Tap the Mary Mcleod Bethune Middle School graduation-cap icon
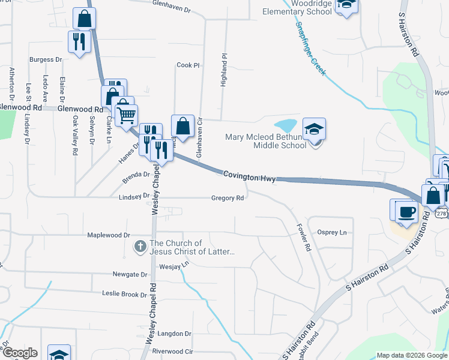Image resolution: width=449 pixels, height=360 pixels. coord(313,130)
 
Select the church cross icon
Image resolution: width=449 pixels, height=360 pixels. coord(140,246)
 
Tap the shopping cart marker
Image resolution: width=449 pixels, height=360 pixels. coord(126,114)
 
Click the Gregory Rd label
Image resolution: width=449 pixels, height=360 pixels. coord(228,199)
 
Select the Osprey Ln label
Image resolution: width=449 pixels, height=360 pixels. coord(332,232)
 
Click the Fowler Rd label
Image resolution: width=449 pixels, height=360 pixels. coord(304,238)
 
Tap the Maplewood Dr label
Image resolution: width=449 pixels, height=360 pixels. coord(109,235)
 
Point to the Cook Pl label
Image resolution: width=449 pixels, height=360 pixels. coord(187,65)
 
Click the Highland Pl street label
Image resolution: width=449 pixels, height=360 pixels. coord(224,70)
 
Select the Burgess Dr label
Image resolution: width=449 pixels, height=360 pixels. coord(46,60)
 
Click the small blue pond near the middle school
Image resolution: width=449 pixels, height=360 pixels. coord(286,125)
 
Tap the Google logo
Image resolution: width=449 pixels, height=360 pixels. coord(20,353)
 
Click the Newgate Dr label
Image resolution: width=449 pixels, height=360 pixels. coord(130,274)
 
